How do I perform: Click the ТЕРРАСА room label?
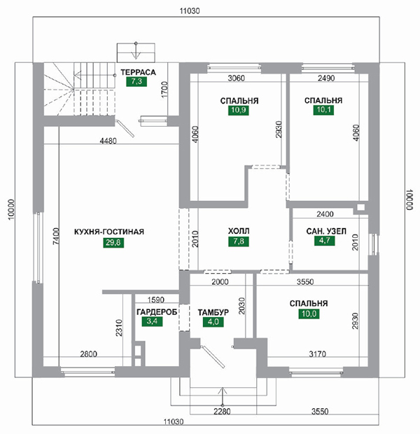pyautogui.click(x=138, y=72)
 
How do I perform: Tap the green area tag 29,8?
pyautogui.click(x=113, y=242)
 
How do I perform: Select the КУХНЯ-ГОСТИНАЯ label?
pyautogui.click(x=109, y=232)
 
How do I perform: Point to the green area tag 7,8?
pyautogui.click(x=239, y=241)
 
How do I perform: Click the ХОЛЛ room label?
pyautogui.click(x=239, y=230)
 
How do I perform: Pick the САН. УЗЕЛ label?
pyautogui.click(x=326, y=231)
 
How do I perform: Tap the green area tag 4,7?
pyautogui.click(x=325, y=241)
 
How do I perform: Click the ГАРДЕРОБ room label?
pyautogui.click(x=157, y=312)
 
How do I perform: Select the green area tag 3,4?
pyautogui.click(x=153, y=321)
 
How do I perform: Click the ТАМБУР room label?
pyautogui.click(x=213, y=312)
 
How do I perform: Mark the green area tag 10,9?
pyautogui.click(x=239, y=110)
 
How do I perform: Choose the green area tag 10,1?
pyautogui.click(x=323, y=110)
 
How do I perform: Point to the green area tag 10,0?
pyautogui.click(x=309, y=314)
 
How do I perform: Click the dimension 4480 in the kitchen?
pyautogui.click(x=108, y=141)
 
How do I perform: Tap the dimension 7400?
pyautogui.click(x=56, y=236)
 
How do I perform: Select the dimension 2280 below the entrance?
pyautogui.click(x=222, y=412)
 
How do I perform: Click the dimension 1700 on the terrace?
pyautogui.click(x=164, y=90)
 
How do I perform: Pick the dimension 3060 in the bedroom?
pyautogui.click(x=236, y=78)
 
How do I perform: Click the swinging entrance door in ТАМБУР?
pyautogui.click(x=212, y=356)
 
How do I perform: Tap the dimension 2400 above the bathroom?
pyautogui.click(x=325, y=214)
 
